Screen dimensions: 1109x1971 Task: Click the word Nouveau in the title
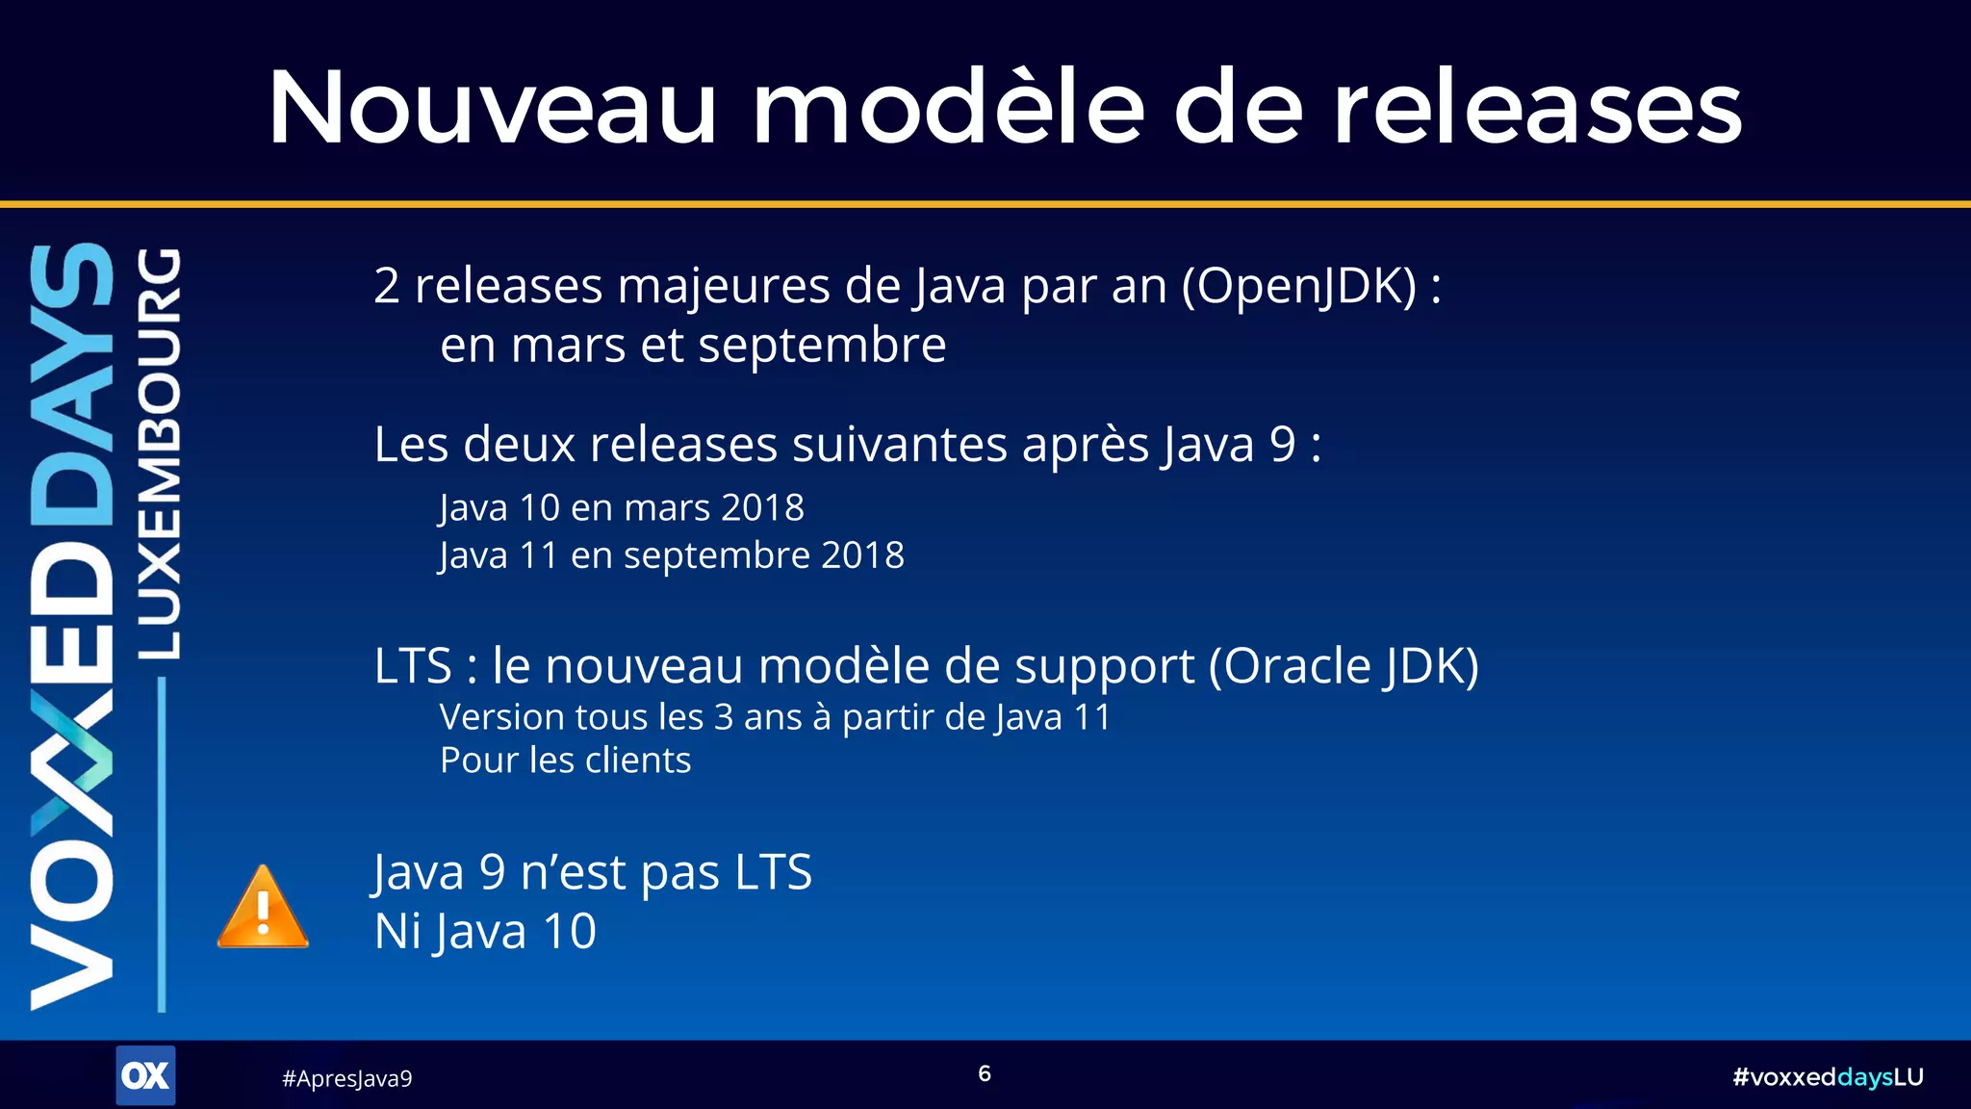(x=492, y=108)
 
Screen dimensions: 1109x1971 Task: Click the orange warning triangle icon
(x=263, y=909)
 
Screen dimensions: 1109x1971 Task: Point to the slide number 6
(x=985, y=1073)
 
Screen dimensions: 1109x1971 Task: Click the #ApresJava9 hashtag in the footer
(x=346, y=1078)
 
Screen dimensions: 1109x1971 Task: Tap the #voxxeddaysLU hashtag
(x=1827, y=1076)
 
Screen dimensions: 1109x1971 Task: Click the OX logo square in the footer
(x=145, y=1075)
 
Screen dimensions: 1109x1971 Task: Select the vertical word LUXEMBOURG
(x=160, y=452)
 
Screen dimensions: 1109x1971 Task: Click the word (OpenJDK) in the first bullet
(x=1299, y=286)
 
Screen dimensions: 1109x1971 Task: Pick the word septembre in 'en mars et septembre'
(x=822, y=346)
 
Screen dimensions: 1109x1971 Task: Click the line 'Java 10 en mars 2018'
(x=622, y=507)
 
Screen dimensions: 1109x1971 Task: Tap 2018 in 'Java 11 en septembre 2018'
(x=862, y=555)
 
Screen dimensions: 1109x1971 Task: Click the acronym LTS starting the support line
(x=413, y=666)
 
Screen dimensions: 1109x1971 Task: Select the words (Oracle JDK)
(x=1344, y=666)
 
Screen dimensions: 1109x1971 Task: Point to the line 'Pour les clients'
(x=565, y=761)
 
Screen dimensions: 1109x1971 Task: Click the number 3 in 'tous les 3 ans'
(x=724, y=717)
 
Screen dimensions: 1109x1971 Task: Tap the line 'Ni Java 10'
(x=485, y=932)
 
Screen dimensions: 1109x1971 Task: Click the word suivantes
(x=900, y=445)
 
